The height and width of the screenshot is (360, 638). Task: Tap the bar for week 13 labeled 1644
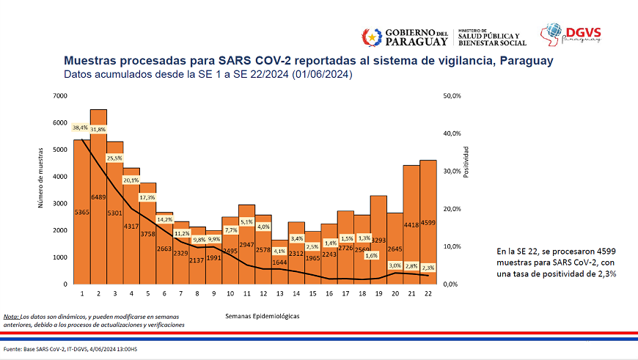click(279, 262)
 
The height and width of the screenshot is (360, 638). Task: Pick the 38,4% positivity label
click(81, 128)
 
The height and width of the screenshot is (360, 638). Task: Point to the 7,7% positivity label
click(230, 229)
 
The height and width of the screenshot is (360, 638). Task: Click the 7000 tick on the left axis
click(61, 96)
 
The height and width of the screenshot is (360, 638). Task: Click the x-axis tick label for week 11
click(246, 293)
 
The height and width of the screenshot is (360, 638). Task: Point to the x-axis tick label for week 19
click(378, 293)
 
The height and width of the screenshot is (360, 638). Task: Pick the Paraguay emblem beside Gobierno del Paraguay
click(372, 37)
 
